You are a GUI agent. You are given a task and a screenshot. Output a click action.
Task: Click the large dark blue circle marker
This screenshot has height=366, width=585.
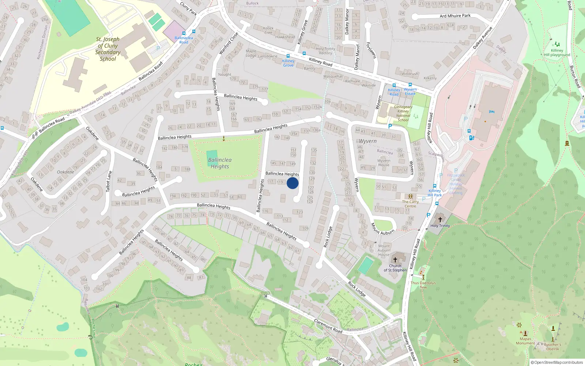point(292,183)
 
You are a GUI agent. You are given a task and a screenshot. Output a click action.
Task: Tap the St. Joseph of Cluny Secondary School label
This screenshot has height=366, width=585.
point(108,49)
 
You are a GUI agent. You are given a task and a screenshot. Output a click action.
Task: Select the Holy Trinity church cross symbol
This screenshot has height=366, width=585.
point(440,219)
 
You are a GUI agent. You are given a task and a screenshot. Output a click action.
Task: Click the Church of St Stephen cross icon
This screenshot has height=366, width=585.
point(395,260)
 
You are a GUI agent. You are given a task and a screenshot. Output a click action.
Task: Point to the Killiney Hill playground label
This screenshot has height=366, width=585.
point(557,53)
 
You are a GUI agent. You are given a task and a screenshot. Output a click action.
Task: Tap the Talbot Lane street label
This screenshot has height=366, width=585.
point(108,181)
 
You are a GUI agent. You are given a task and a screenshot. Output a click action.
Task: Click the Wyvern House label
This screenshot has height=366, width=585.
point(384,163)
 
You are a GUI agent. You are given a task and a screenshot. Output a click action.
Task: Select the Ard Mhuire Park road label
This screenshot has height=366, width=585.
point(455,16)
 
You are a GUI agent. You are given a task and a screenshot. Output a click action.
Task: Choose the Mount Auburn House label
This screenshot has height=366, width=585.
point(384,250)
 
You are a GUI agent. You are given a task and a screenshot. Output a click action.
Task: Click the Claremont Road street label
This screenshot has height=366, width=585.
point(328,326)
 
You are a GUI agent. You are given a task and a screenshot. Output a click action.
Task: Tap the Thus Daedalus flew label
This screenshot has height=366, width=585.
point(423,285)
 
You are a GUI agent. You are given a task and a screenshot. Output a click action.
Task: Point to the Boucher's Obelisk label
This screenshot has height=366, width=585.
point(552,347)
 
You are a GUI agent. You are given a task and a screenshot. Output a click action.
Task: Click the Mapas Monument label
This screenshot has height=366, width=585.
point(525,341)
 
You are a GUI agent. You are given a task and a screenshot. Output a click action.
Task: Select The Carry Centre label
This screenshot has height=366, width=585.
point(410,204)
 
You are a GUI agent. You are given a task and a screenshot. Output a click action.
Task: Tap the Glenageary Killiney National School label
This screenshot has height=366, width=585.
point(403,113)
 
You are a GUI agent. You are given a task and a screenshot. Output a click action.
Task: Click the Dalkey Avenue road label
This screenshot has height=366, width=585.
point(483,38)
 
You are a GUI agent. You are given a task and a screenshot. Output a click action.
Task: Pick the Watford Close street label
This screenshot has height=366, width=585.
point(229,44)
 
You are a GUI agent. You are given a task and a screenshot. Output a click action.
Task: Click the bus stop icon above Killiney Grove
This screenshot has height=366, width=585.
point(288,56)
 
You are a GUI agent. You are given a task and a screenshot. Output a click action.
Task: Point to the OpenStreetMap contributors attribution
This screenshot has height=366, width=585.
point(557,362)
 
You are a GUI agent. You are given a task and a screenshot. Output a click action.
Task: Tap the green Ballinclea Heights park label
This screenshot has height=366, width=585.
point(220,163)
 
